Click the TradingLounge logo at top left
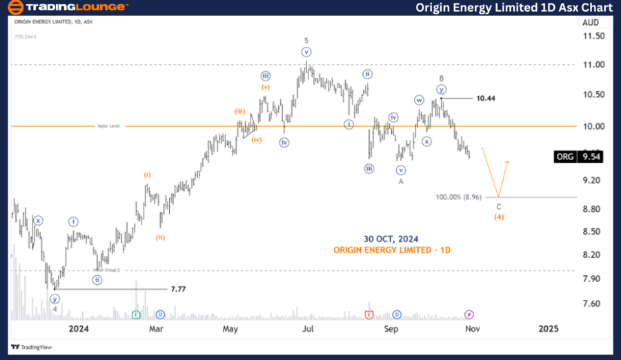pyautogui.click(x=67, y=8)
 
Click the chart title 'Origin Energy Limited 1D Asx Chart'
pyautogui.click(x=514, y=8)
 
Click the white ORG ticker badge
pyautogui.click(x=564, y=157)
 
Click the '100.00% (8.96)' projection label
pyautogui.click(x=459, y=197)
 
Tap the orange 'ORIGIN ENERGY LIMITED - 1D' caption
pyautogui.click(x=392, y=250)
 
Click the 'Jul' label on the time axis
pyautogui.click(x=308, y=330)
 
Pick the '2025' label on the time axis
pyautogui.click(x=549, y=330)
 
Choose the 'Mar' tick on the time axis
pyautogui.click(x=157, y=330)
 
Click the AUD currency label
pyautogui.click(x=591, y=22)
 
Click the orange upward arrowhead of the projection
pyautogui.click(x=508, y=162)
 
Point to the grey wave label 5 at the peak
pyautogui.click(x=306, y=40)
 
